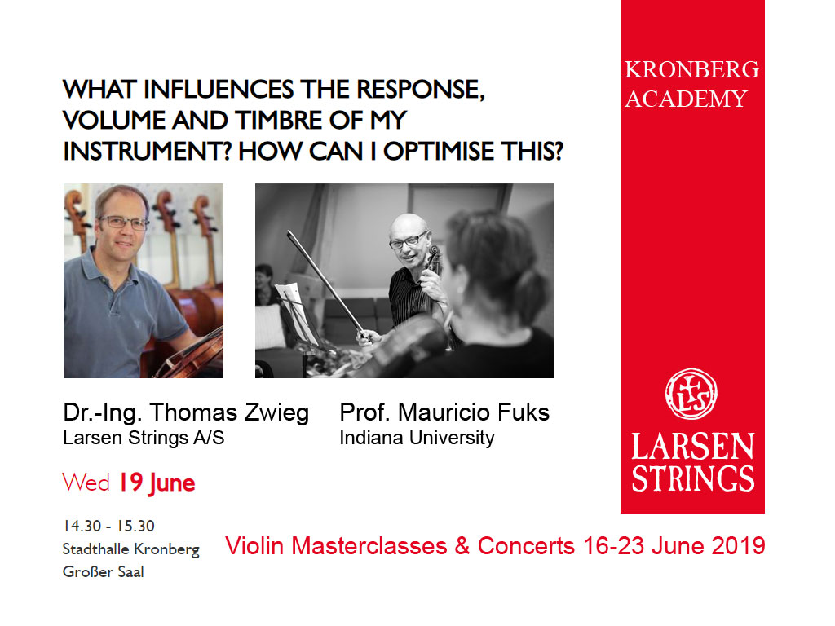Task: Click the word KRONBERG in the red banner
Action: point(691,70)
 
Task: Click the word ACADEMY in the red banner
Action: point(687,99)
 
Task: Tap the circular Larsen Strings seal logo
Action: point(691,394)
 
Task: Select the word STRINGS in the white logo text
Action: point(693,478)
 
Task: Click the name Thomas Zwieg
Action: point(229,412)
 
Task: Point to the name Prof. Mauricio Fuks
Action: point(444,412)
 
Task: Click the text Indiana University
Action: point(417,438)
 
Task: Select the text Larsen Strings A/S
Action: point(144,438)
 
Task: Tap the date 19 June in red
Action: point(157,483)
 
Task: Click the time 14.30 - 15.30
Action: point(108,526)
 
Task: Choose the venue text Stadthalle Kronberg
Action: point(131,549)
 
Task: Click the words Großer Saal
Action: point(104,571)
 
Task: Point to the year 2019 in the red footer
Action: point(738,546)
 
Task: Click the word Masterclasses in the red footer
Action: point(369,546)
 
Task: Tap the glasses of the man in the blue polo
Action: point(124,223)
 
